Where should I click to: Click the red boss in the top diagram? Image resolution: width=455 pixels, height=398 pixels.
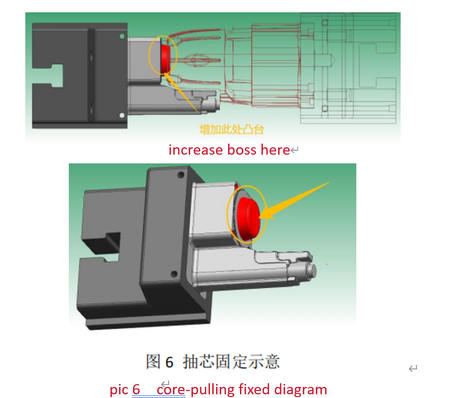[165, 58]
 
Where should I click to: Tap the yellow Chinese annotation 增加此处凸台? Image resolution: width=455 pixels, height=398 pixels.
[232, 129]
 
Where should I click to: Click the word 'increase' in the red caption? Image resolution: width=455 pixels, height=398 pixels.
[196, 150]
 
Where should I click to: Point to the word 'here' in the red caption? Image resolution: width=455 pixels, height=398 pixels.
[275, 150]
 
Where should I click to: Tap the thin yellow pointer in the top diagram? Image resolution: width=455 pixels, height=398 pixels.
[181, 92]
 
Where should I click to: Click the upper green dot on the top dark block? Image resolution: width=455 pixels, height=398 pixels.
[122, 36]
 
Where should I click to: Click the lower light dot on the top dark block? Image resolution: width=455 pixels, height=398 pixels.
[122, 115]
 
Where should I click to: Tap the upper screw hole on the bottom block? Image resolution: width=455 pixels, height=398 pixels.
[180, 175]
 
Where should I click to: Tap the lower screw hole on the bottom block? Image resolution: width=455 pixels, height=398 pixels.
[174, 274]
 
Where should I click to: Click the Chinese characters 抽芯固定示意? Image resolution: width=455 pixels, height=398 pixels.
[231, 362]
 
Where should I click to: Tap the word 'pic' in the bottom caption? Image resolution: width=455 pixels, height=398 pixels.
[119, 390]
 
